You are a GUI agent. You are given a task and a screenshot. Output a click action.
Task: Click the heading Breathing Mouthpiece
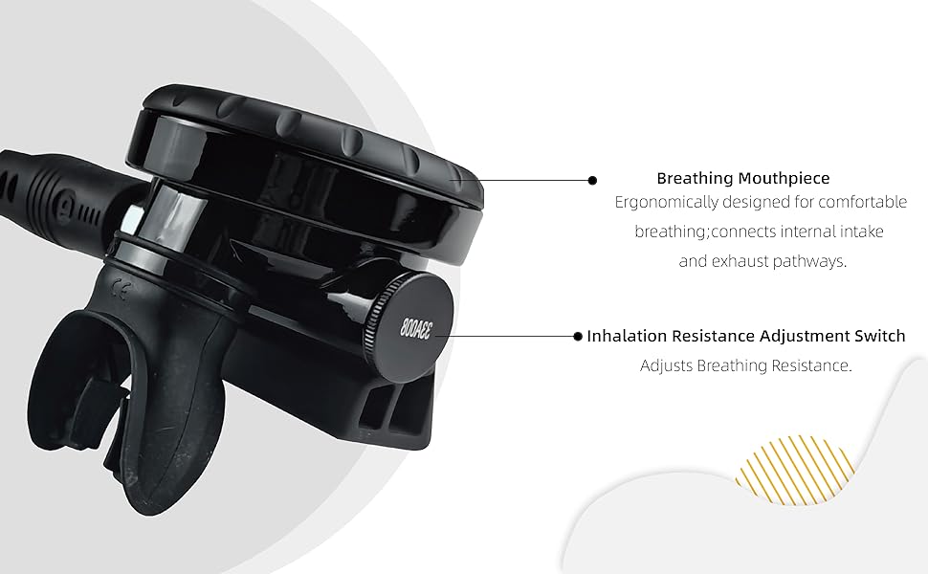(x=742, y=178)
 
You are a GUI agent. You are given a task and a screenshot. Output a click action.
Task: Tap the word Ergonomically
(x=661, y=203)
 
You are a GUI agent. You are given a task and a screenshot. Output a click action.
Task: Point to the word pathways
(x=816, y=261)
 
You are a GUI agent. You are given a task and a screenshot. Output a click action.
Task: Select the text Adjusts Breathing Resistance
(x=745, y=365)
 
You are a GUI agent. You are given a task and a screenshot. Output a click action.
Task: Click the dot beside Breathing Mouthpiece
(x=592, y=179)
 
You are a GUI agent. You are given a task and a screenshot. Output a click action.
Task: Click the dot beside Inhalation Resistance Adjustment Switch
(x=578, y=336)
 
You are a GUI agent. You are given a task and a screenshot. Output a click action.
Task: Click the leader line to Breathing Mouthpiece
(x=536, y=179)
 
